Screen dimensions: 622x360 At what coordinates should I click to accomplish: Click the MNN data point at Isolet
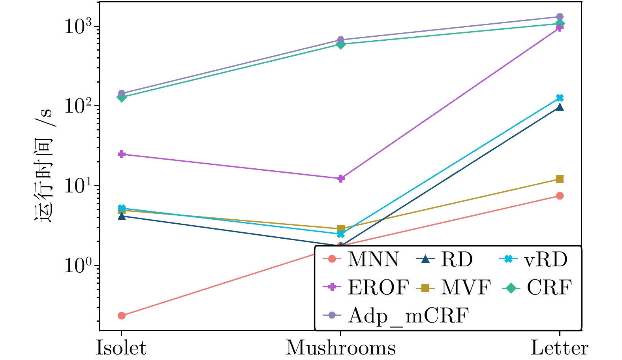(x=122, y=316)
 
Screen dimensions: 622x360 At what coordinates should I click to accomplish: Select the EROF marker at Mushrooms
(x=341, y=178)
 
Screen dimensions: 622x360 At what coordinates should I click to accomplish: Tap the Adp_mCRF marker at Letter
(x=560, y=17)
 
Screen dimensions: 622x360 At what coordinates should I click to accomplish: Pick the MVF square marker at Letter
(x=560, y=179)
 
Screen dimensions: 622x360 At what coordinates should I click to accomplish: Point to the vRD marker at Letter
(x=560, y=98)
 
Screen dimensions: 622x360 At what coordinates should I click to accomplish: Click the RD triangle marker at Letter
(x=560, y=107)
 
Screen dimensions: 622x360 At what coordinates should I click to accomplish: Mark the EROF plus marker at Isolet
(x=122, y=154)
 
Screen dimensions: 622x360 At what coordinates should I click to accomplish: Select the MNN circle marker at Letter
(x=560, y=196)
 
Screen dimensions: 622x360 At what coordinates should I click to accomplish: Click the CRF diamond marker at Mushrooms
(x=341, y=44)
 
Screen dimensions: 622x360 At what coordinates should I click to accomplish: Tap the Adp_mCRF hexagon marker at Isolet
(x=122, y=93)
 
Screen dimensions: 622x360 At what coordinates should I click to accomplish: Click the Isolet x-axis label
(x=121, y=347)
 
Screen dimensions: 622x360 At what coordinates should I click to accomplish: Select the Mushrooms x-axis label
(x=341, y=347)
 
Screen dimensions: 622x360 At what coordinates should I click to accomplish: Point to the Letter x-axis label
(x=560, y=347)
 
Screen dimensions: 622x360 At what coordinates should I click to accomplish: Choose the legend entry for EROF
(x=366, y=287)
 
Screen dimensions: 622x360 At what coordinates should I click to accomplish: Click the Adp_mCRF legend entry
(x=396, y=316)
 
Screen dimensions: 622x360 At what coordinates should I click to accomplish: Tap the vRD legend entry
(x=534, y=260)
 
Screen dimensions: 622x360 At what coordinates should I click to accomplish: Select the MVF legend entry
(x=454, y=287)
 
